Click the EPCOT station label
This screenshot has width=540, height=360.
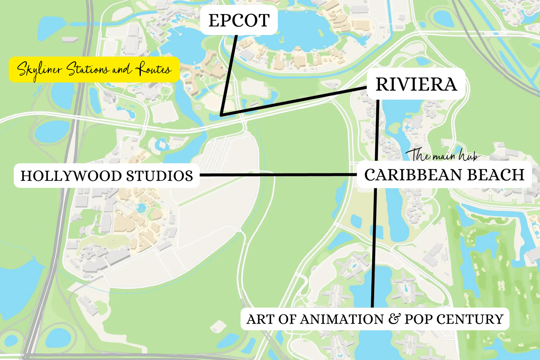pos(239,21)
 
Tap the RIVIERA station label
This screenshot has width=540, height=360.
pos(416,85)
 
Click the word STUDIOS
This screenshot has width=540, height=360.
pos(159,176)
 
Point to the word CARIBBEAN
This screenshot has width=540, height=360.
pos(408,175)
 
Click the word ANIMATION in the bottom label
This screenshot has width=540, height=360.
pos(342,319)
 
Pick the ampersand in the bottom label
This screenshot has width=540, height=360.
pos(394,319)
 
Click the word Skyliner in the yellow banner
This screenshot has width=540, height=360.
pos(40,69)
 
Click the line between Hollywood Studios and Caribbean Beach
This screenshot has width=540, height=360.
pos(277,175)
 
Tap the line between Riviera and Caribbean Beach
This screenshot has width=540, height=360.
pos(377,130)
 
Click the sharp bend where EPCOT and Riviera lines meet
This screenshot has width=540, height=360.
pos(222,115)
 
